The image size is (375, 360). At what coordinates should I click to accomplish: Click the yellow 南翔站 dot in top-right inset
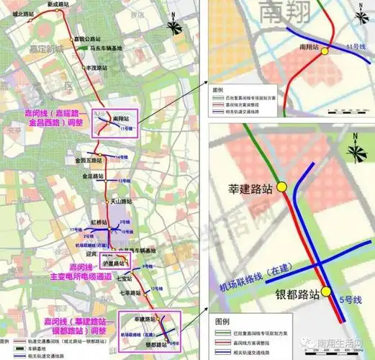coord(325,51)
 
